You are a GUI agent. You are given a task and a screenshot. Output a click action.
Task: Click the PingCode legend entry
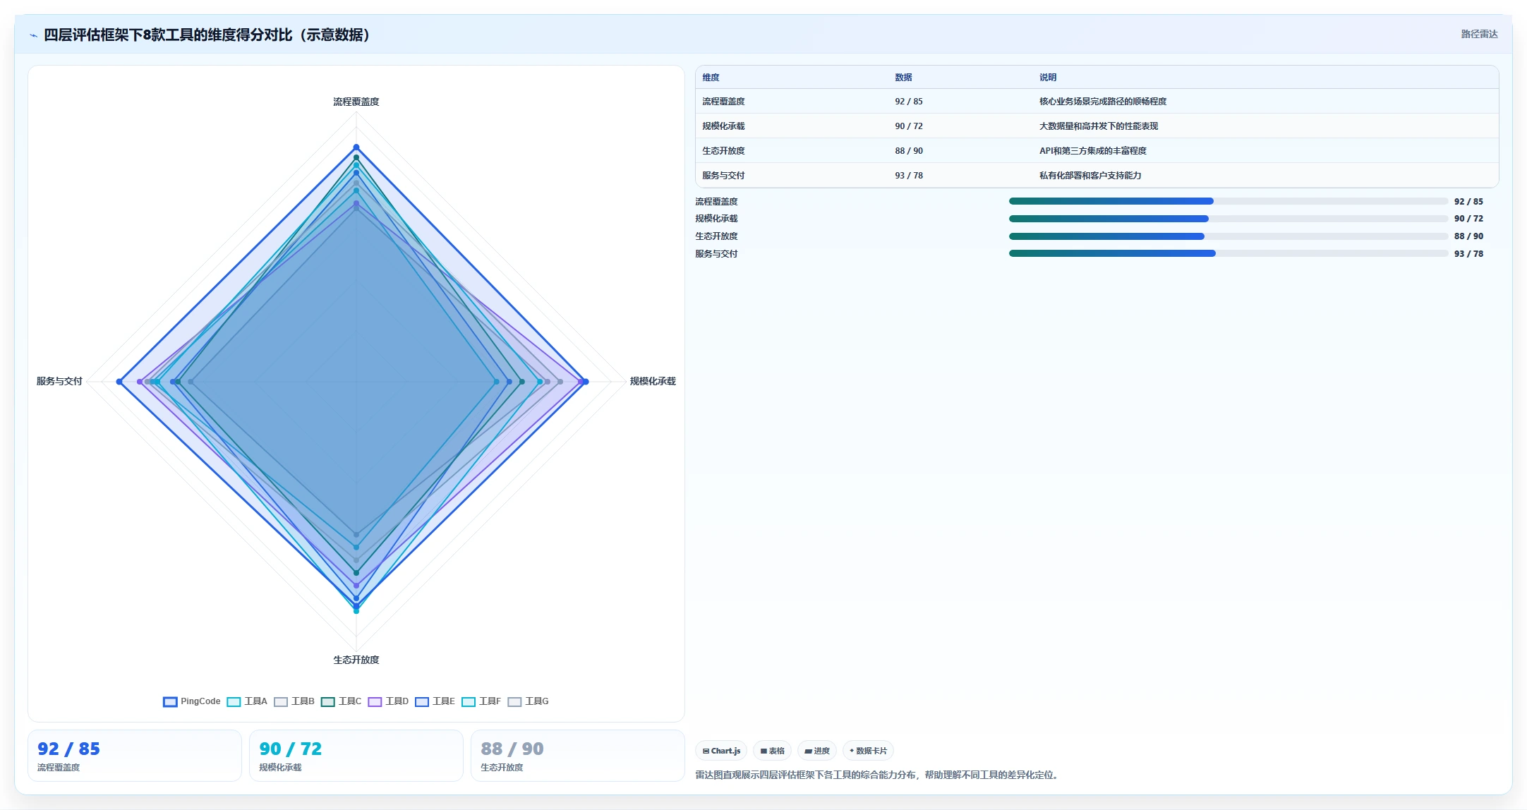[x=192, y=701]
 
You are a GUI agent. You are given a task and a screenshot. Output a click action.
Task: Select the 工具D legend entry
[x=388, y=701]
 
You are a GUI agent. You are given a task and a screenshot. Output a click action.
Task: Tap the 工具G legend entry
[x=528, y=701]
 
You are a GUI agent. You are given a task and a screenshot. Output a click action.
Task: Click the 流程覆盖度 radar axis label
[x=356, y=102]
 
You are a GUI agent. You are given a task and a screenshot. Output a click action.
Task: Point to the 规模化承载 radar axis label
[x=653, y=381]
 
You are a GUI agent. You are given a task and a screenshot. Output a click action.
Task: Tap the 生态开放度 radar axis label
[x=356, y=660]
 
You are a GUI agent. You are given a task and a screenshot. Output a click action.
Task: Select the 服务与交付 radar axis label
[x=59, y=381]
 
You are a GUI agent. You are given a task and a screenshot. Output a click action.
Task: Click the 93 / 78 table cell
[x=909, y=176]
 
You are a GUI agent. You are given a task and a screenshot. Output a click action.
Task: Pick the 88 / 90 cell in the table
[x=909, y=151]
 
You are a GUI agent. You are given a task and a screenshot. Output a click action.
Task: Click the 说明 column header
[x=1048, y=78]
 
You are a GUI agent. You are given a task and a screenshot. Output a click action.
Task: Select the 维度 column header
[x=711, y=78]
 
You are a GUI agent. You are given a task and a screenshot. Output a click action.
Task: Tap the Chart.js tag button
[x=721, y=751]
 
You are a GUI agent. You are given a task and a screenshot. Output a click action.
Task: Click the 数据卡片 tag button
[x=868, y=751]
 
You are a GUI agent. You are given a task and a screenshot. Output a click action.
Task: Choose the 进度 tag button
[x=817, y=751]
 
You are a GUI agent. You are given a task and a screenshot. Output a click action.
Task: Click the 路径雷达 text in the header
[x=1479, y=34]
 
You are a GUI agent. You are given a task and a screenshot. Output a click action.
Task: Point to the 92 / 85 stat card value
[x=68, y=749]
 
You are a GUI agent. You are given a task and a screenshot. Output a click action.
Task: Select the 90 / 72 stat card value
[x=290, y=749]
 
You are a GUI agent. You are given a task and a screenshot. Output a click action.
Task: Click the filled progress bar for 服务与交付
[x=1112, y=253]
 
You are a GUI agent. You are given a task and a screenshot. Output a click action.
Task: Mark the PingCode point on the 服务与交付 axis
[x=119, y=382]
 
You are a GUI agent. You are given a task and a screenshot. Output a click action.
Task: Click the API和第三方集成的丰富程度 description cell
[x=1093, y=151]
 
